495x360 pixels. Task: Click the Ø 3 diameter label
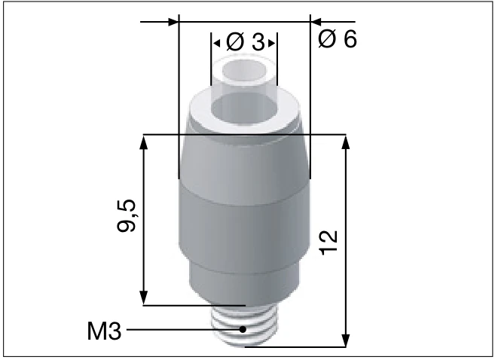[245, 42]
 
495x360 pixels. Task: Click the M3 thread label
[105, 330]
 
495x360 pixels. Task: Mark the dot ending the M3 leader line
[243, 330]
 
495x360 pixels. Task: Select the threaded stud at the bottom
[245, 325]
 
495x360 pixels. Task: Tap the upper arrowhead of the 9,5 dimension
[144, 142]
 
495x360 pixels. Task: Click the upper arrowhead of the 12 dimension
[346, 142]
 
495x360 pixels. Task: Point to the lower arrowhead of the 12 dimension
[346, 340]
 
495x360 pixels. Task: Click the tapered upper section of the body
[245, 162]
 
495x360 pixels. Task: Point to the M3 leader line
[181, 330]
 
